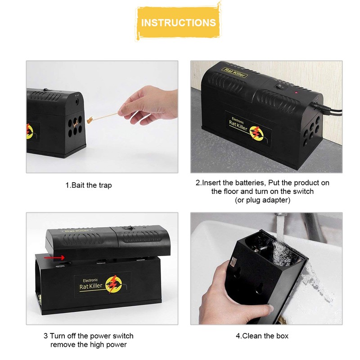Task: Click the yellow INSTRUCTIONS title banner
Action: coord(179,22)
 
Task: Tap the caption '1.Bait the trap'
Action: coord(89,185)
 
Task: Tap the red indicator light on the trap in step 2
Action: coord(297,92)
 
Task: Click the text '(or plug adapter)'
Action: coord(263,200)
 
